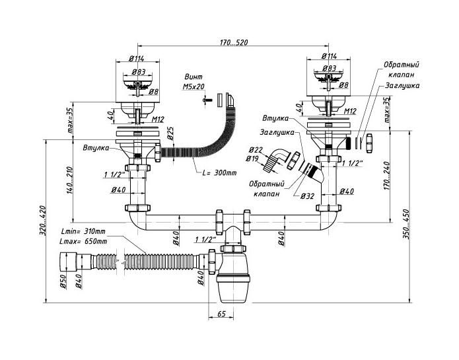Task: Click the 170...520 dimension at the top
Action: [x=234, y=42]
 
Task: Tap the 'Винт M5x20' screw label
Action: [x=194, y=82]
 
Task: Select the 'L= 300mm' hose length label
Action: [x=219, y=172]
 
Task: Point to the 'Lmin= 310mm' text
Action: [x=83, y=231]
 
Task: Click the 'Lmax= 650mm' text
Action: [x=83, y=242]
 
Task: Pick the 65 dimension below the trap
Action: [x=222, y=314]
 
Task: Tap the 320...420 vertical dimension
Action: [x=43, y=221]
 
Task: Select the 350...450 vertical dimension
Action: [x=407, y=224]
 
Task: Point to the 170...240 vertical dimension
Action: [x=387, y=176]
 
